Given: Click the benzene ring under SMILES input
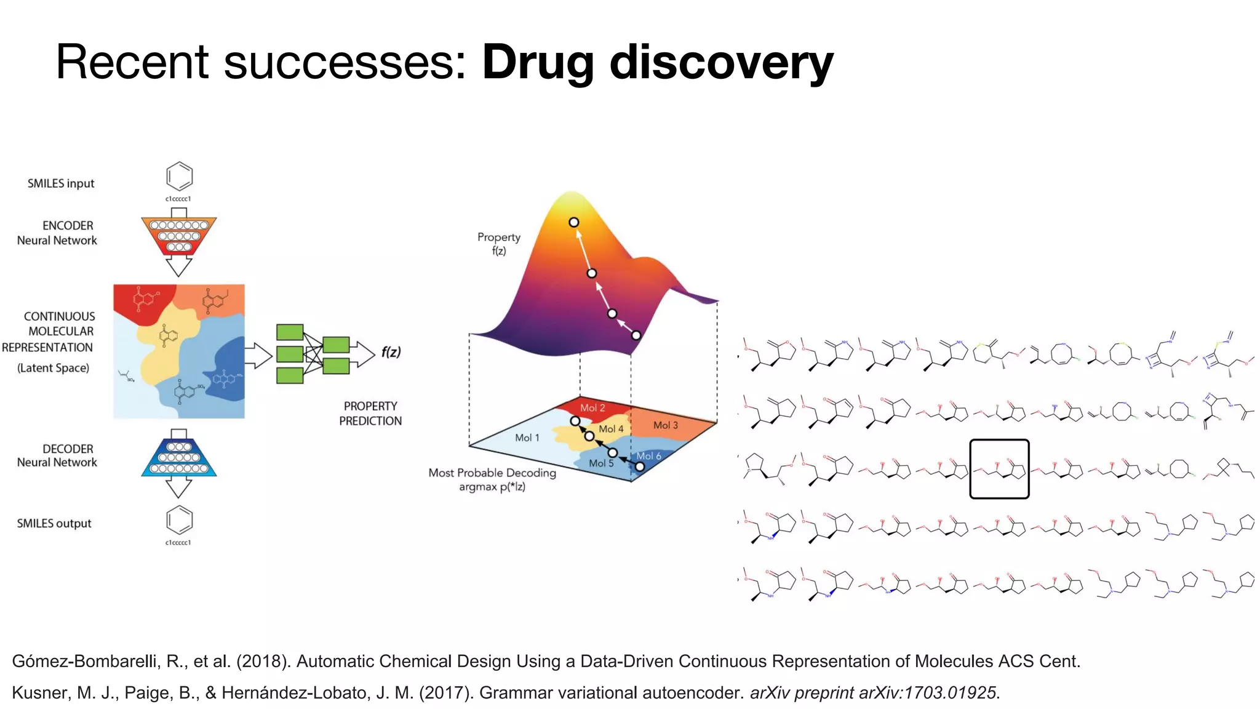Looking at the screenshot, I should [x=179, y=177].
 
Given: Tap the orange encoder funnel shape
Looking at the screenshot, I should [x=178, y=236].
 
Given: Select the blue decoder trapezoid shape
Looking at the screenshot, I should [x=178, y=458].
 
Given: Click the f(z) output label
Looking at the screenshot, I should [x=391, y=352].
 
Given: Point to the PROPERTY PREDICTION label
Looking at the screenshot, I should [x=370, y=414].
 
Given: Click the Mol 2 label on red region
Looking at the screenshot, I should [x=592, y=407].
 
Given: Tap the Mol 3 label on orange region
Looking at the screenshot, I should [x=665, y=425].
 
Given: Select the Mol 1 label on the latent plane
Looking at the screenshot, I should [x=527, y=438].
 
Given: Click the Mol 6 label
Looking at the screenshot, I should [x=648, y=456].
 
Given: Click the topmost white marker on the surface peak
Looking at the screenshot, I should [x=573, y=222].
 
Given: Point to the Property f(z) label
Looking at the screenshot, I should [x=498, y=244].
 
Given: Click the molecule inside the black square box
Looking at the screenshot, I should [x=999, y=469].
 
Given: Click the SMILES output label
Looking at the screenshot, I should [x=54, y=524].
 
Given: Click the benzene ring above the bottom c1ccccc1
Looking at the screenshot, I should [x=179, y=520].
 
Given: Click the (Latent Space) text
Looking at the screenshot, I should [x=53, y=368].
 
